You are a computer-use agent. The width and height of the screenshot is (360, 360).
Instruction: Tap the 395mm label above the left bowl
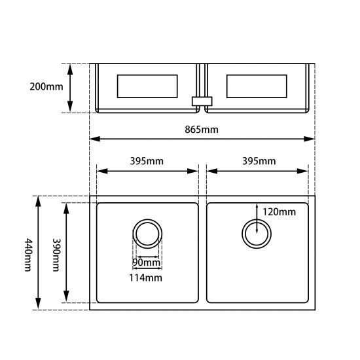click(147, 161)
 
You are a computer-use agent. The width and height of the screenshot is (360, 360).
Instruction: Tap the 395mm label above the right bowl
click(258, 161)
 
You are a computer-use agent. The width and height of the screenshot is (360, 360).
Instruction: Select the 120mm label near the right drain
click(279, 211)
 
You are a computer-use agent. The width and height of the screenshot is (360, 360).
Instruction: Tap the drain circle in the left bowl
click(147, 233)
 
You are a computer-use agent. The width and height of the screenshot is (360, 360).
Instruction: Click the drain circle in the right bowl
click(257, 233)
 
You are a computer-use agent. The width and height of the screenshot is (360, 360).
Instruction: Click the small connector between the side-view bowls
click(202, 101)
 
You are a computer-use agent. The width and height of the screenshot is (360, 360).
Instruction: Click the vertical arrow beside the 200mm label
click(71, 88)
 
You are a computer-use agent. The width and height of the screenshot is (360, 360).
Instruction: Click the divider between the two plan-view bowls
click(202, 253)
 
